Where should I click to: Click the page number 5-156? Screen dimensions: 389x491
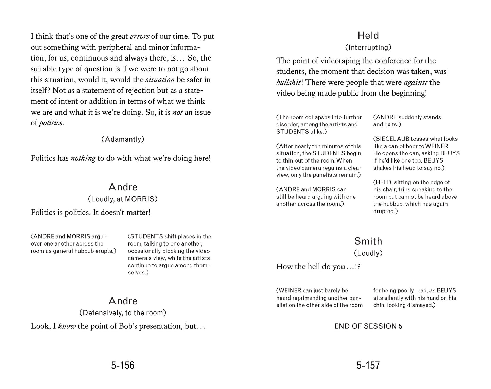tap(123, 365)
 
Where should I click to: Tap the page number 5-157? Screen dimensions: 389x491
tap(368, 365)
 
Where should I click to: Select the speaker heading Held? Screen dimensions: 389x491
tap(368, 35)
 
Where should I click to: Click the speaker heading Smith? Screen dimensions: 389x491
tap(368, 241)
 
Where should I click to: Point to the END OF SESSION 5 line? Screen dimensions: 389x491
tap(368, 326)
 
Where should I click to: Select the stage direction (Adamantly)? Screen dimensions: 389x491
tap(123, 139)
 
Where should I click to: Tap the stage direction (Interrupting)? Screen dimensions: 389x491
tap(368, 47)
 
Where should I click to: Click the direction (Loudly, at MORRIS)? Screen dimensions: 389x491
tap(123, 199)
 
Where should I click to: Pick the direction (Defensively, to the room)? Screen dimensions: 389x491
tap(123, 313)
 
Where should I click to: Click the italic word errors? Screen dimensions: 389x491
tap(139, 36)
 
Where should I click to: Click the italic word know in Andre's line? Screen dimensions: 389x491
tap(67, 326)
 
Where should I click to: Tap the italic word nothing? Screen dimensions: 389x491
tap(83, 158)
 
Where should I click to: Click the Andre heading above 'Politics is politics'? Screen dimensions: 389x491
tap(123, 187)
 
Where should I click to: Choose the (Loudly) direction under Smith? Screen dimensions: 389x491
tap(368, 253)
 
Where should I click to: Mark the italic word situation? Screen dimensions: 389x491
tap(160, 80)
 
